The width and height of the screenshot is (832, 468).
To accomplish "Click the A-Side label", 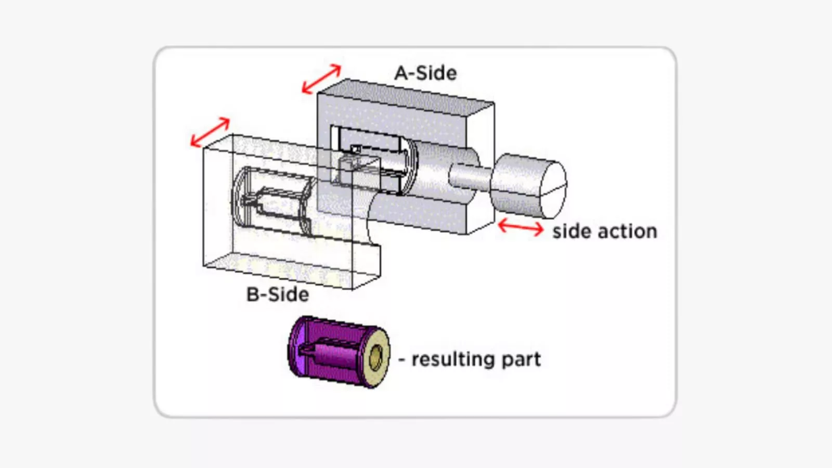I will click(425, 73).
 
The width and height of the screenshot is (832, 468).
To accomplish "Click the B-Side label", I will click(277, 295).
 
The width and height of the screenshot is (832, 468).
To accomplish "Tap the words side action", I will click(604, 231).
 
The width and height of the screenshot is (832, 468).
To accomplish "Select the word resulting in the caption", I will click(452, 360).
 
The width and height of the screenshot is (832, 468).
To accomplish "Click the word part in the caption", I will click(521, 360).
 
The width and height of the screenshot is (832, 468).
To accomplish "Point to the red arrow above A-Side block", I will click(321, 79).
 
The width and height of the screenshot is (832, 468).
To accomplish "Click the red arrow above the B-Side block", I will click(210, 132).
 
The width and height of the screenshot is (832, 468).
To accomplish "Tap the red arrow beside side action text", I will click(521, 228).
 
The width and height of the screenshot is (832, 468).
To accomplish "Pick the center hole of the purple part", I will click(375, 358).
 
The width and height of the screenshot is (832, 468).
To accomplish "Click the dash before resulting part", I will click(402, 360).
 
